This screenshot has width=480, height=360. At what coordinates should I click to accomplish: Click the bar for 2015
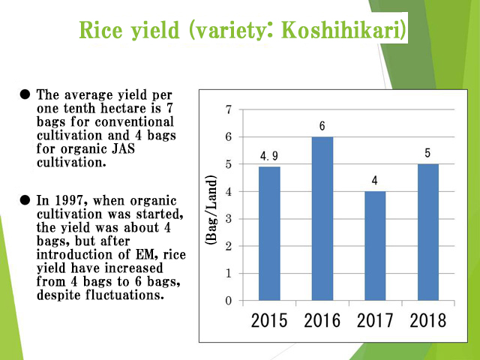(269, 233)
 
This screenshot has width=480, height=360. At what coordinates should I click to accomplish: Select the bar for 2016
(322, 218)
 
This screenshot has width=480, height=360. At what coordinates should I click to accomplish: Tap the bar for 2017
(375, 246)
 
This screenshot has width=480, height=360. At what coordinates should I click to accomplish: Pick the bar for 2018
(427, 232)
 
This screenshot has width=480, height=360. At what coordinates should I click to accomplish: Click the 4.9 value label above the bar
(269, 156)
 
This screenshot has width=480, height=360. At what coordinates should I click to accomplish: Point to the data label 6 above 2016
(322, 126)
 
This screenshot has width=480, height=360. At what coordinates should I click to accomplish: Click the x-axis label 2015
(269, 321)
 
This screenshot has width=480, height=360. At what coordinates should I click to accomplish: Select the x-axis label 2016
(322, 321)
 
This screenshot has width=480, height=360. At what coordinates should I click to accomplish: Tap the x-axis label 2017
(375, 321)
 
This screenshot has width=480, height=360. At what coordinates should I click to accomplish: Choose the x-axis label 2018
(427, 321)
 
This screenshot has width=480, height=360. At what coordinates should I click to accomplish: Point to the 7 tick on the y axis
(228, 109)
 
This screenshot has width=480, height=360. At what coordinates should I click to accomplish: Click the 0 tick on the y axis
(228, 301)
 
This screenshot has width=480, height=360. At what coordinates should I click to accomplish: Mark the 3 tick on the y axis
(228, 219)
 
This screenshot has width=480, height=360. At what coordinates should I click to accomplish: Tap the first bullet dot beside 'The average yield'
(25, 94)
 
